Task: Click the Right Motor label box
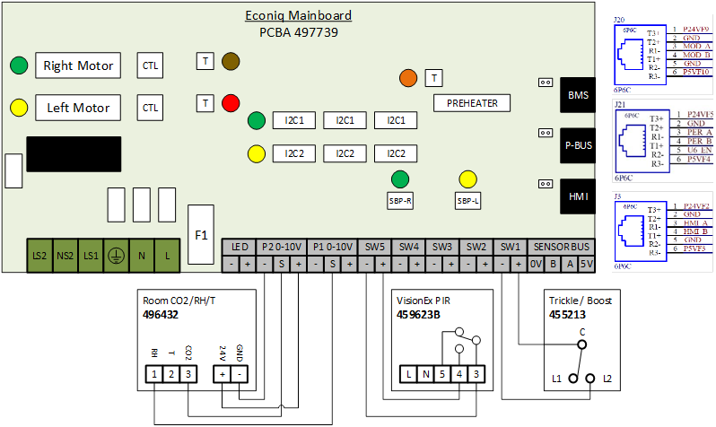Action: tap(79, 65)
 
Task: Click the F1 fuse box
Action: tap(202, 235)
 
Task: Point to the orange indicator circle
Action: tap(409, 78)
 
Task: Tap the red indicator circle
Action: tap(231, 102)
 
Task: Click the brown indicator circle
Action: tap(231, 61)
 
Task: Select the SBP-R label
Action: tap(399, 202)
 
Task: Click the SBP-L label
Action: tap(467, 202)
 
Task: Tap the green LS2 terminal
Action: tap(40, 256)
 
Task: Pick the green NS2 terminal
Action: tap(65, 256)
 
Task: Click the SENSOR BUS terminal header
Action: tap(562, 247)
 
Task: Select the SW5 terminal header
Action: tap(375, 247)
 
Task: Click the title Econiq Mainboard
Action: tap(299, 15)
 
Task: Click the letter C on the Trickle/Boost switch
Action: tap(581, 332)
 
